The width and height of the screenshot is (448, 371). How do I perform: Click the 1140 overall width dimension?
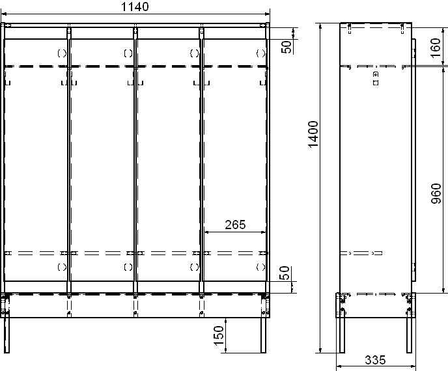[x=135, y=7]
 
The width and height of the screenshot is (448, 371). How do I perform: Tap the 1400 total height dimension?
[x=313, y=134]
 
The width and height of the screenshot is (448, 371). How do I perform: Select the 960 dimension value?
[x=436, y=193]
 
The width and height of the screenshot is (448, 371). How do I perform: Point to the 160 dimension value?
[x=436, y=48]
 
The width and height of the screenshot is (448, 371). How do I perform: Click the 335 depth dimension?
[x=376, y=360]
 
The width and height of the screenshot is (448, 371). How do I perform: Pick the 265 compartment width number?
[x=235, y=225]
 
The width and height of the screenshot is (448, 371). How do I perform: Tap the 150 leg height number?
[x=219, y=336]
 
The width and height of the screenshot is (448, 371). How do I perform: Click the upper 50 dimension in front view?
[x=287, y=47]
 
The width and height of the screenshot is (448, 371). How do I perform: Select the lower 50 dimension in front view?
[x=285, y=273]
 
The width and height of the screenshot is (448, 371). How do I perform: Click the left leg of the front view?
[x=7, y=335]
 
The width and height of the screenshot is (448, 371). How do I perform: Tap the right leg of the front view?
[x=264, y=335]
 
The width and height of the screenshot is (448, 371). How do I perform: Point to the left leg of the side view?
[x=342, y=335]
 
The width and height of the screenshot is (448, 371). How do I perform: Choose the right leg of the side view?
[x=409, y=335]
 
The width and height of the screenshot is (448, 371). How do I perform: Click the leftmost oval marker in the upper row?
[x=62, y=53]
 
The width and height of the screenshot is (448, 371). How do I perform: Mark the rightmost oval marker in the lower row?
[x=260, y=267]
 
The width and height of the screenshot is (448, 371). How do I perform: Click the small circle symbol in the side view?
[x=376, y=74]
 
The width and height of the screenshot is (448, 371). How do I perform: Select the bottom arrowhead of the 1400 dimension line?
[x=320, y=350]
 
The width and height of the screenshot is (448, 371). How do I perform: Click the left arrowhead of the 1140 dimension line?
[x=4, y=14]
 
